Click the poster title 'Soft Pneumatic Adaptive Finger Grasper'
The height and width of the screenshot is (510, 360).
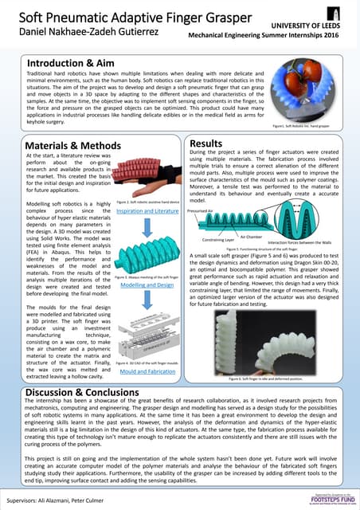coord(99,16)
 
